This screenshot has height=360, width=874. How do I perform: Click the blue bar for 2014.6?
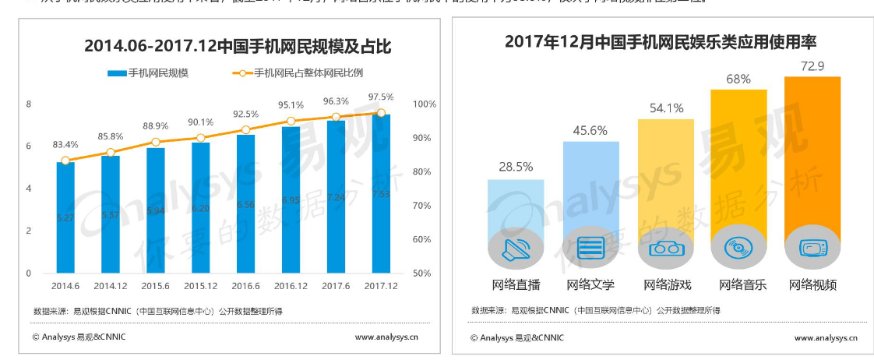65,217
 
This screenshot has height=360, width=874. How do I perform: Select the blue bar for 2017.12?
381,195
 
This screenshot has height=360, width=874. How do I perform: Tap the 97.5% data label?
381,97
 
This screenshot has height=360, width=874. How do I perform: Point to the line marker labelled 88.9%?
156,142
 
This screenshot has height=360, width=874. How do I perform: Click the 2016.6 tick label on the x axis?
246,286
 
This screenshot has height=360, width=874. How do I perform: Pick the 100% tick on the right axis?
424,104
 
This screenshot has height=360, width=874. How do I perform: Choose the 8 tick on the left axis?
29,104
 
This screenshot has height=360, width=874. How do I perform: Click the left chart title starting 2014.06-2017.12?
238,48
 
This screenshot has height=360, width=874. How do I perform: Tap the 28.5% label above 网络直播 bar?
516,167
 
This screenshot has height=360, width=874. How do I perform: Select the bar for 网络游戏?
666,187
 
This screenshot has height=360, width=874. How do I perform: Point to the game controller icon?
666,249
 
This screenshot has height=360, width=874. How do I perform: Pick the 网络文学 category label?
590,284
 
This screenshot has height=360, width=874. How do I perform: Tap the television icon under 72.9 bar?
812,249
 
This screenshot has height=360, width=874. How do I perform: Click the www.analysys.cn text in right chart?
825,337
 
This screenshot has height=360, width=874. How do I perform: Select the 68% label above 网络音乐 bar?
738,79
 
